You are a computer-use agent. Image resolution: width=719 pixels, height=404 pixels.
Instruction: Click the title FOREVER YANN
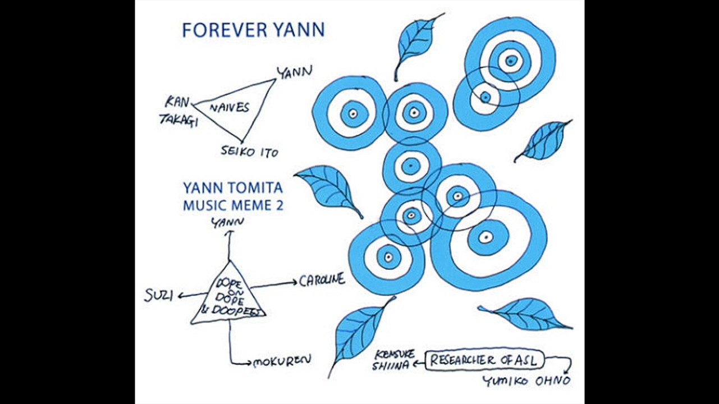[253, 30]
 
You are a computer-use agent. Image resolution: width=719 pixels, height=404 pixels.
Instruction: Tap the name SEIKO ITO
[249, 151]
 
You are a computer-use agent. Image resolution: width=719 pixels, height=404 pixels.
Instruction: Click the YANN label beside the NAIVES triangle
[295, 72]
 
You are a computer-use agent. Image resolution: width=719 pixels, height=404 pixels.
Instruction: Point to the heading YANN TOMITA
[232, 188]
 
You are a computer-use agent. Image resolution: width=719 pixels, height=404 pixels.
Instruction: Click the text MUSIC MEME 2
[233, 205]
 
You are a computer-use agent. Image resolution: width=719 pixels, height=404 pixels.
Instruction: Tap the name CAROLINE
[322, 280]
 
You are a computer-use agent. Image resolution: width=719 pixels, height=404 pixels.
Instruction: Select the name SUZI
[159, 296]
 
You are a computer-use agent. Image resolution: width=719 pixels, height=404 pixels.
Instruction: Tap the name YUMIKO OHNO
[526, 382]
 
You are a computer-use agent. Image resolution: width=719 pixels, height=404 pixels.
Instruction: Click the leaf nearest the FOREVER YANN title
[416, 43]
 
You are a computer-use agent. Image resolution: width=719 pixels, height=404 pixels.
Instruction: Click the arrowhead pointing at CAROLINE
[294, 283]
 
